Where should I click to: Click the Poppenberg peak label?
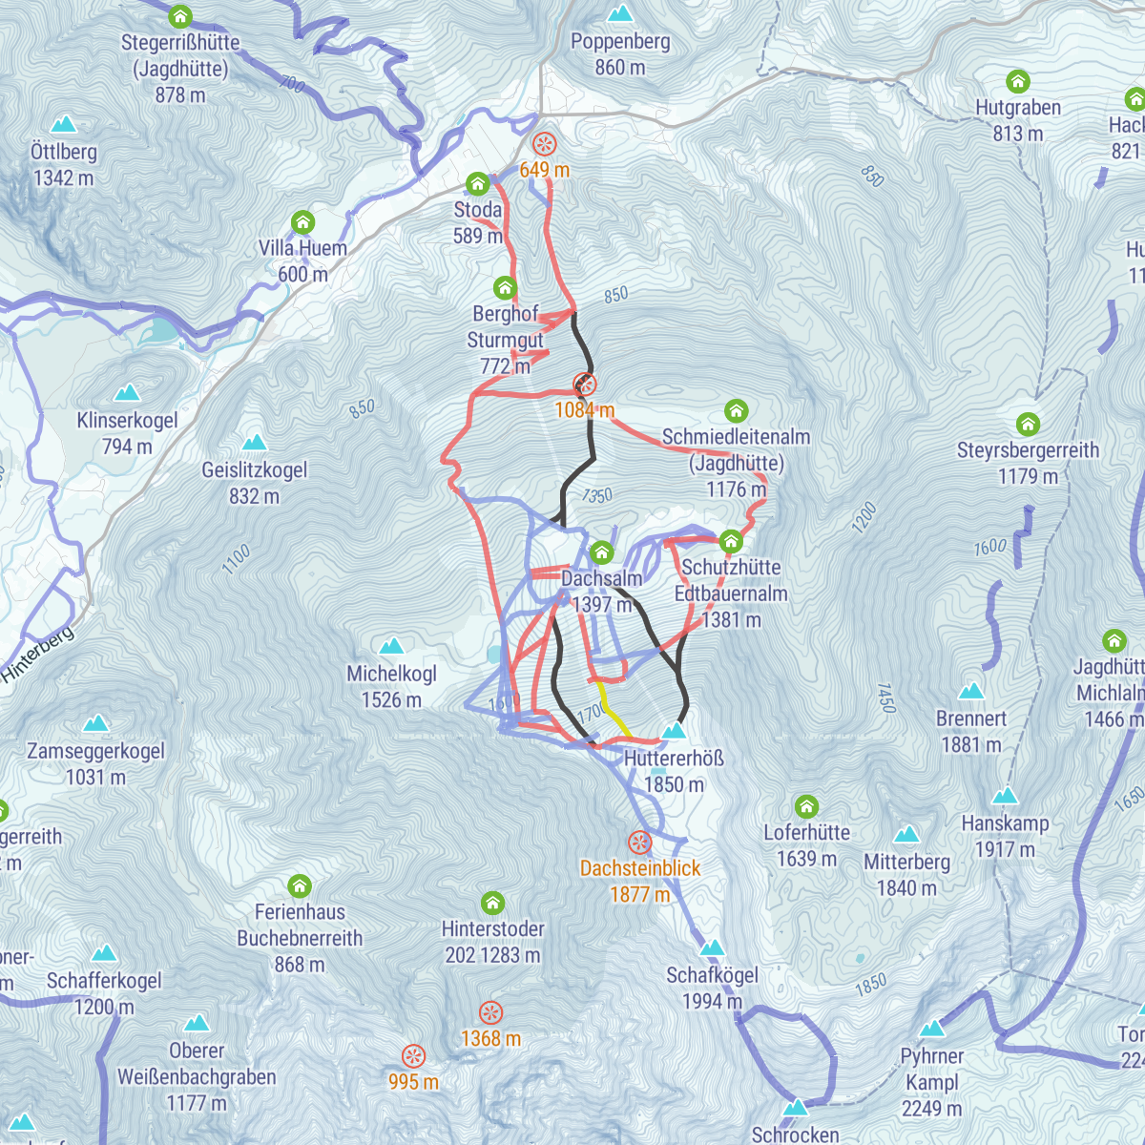click(x=620, y=42)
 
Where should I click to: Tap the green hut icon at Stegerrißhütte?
click(x=180, y=17)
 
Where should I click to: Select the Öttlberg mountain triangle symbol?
click(x=64, y=124)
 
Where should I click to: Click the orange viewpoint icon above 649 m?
click(x=544, y=144)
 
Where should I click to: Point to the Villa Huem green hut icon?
click(x=302, y=223)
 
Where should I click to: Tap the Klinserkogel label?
click(x=128, y=421)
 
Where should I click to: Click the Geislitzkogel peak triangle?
click(x=254, y=442)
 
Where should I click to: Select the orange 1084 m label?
click(x=584, y=410)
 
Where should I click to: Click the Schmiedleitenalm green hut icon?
click(x=736, y=411)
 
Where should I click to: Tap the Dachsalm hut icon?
click(x=601, y=552)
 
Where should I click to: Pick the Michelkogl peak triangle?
click(x=391, y=647)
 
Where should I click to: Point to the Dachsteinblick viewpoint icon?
click(x=639, y=843)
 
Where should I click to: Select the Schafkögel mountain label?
click(x=713, y=975)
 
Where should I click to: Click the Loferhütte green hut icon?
click(x=806, y=807)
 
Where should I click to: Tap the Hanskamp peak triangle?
click(x=1005, y=796)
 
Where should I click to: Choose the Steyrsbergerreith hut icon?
click(x=1028, y=424)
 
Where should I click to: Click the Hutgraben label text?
click(x=1018, y=108)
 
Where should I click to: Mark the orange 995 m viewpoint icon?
click(x=413, y=1055)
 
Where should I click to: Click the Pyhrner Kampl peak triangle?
click(x=932, y=1029)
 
